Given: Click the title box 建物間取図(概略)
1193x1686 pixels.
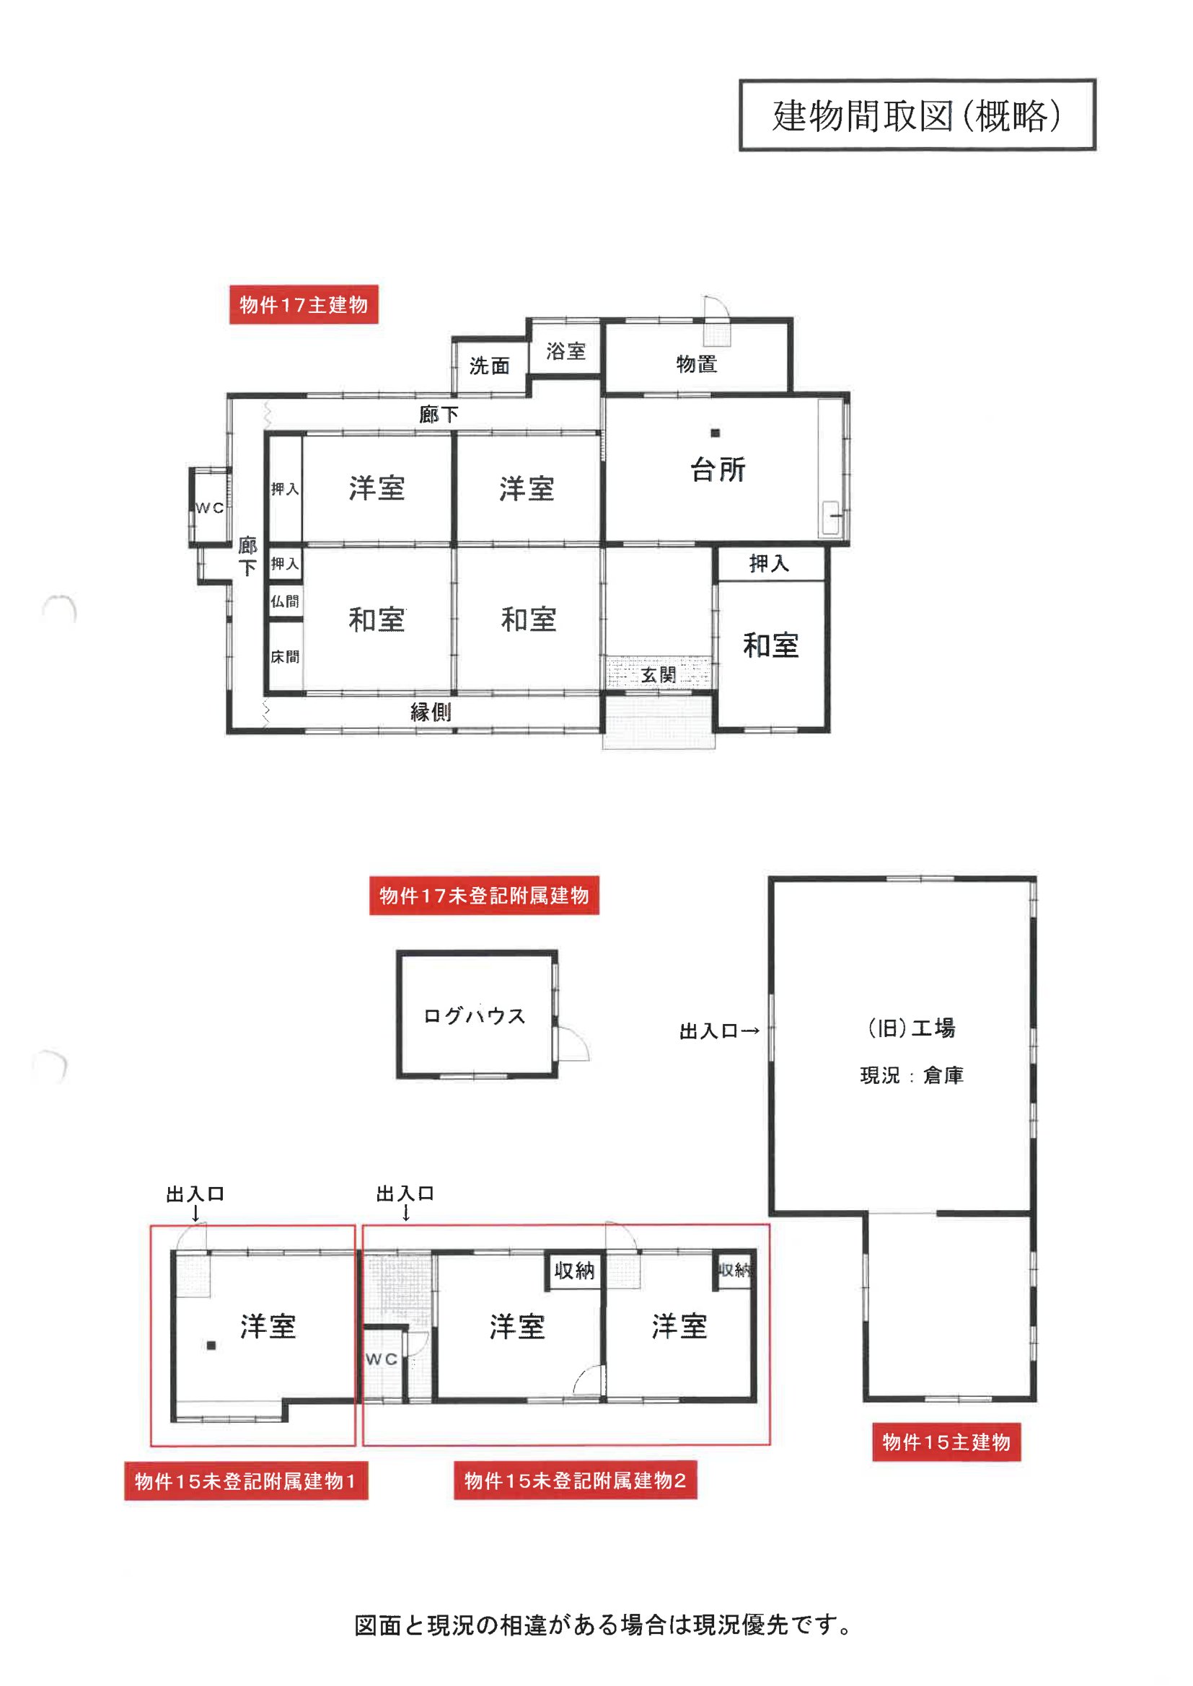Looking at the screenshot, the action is click(917, 115).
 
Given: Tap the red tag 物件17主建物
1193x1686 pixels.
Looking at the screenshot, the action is click(304, 304).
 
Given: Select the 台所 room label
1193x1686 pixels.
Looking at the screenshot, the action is click(718, 469).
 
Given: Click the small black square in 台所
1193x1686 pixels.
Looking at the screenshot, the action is click(715, 433).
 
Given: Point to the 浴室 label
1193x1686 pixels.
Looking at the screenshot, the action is click(565, 351).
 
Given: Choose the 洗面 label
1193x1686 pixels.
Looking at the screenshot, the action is click(489, 365).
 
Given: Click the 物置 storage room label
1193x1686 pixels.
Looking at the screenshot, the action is click(697, 363).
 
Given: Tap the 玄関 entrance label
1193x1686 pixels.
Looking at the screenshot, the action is click(659, 675).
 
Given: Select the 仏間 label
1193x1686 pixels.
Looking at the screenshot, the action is click(285, 601).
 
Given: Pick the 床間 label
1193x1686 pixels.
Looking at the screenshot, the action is click(285, 656).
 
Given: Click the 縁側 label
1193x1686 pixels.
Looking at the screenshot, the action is click(431, 712).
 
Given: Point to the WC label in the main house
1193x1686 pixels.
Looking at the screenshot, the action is click(210, 508).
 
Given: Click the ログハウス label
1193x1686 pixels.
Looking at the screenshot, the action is click(475, 1015).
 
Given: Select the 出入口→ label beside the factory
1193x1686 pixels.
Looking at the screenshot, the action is click(719, 1031).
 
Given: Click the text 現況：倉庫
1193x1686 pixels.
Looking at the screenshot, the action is click(912, 1076).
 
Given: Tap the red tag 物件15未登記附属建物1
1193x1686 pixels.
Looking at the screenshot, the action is click(246, 1481).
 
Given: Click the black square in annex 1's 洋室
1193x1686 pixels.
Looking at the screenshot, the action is click(211, 1346).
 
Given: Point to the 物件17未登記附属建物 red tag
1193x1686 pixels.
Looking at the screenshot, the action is click(484, 895).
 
